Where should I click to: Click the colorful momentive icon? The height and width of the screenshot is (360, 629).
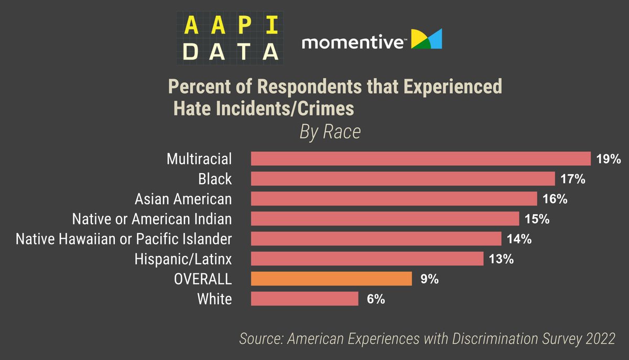pos(427,39)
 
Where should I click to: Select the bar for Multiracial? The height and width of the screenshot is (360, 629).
pos(421,159)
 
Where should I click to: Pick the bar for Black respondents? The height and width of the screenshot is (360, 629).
pos(403,179)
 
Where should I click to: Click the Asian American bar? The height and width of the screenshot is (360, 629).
pos(394,199)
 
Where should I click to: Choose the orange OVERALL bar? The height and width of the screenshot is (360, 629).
pos(331,279)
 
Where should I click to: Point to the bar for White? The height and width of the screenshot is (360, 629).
pos(305,299)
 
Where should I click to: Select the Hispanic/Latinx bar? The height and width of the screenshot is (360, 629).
pos(367,259)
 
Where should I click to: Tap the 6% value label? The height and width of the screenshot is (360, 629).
pos(375,299)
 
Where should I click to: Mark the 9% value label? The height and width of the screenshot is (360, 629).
pos(429,279)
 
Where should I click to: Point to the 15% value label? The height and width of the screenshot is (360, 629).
pos(536,219)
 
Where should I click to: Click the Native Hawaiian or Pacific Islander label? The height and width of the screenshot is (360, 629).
pos(124,239)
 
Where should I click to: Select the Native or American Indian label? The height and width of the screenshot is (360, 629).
pos(152,219)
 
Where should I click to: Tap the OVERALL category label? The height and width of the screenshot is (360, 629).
pos(203,279)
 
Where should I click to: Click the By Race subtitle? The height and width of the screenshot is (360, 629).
pos(330,132)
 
